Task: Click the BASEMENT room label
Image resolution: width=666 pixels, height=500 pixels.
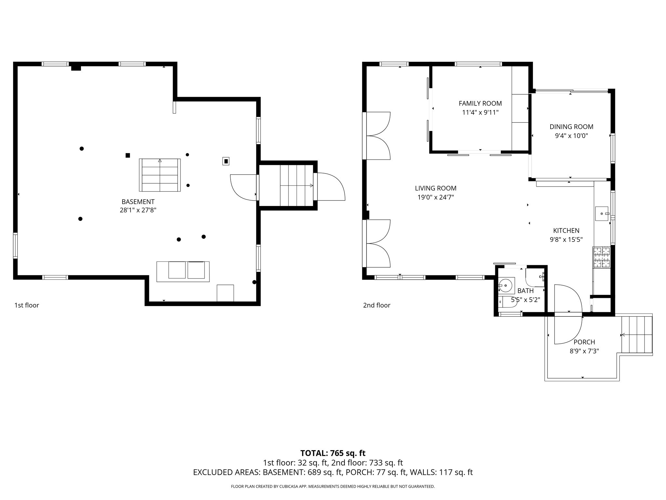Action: pyautogui.click(x=138, y=202)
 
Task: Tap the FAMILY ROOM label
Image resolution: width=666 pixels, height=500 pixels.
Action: pyautogui.click(x=480, y=104)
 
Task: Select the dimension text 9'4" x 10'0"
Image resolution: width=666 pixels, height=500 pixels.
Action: pyautogui.click(x=571, y=136)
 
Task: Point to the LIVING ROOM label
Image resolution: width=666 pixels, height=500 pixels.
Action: pyautogui.click(x=435, y=188)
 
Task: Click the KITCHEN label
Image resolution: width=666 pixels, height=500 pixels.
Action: pyautogui.click(x=566, y=230)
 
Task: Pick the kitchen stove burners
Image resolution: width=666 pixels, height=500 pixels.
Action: pyautogui.click(x=601, y=257)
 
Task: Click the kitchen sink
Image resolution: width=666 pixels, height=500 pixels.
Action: pyautogui.click(x=602, y=214)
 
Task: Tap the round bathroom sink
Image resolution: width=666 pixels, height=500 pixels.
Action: pyautogui.click(x=506, y=285)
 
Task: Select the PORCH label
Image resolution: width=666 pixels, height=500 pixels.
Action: pyautogui.click(x=584, y=342)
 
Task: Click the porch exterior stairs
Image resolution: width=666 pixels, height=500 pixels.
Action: pyautogui.click(x=636, y=335)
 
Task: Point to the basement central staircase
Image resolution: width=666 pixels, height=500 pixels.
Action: pyautogui.click(x=160, y=175)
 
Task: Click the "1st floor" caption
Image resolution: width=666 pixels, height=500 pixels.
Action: pyautogui.click(x=27, y=305)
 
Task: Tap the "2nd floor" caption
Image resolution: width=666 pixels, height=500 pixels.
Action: pyautogui.click(x=377, y=305)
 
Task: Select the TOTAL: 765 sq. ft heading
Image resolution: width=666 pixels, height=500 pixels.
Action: pyautogui.click(x=333, y=453)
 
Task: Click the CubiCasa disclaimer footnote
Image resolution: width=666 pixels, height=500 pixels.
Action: pyautogui.click(x=333, y=487)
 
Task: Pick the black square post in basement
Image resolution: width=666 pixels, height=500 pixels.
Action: pyautogui.click(x=128, y=155)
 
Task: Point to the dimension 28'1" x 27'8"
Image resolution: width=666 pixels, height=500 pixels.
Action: pyautogui.click(x=138, y=210)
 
